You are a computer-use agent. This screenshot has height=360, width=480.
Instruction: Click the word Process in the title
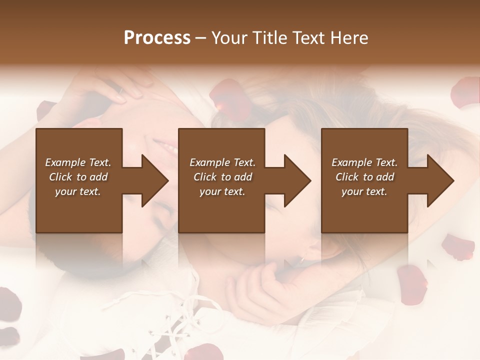click(x=157, y=37)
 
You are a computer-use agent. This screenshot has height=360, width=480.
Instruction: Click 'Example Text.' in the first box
click(x=78, y=162)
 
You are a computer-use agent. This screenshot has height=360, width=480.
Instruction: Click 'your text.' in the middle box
click(x=222, y=191)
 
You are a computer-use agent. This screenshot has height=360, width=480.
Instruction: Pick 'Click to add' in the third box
click(x=364, y=177)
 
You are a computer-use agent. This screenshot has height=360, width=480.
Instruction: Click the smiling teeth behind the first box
click(x=165, y=146)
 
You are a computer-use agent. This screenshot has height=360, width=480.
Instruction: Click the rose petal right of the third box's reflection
click(x=457, y=247)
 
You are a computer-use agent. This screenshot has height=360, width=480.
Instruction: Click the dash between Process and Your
click(x=201, y=38)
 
